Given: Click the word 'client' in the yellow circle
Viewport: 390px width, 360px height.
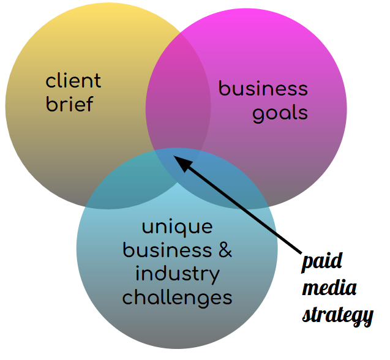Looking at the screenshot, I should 73,80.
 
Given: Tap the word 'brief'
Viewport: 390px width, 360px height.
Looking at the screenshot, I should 70,103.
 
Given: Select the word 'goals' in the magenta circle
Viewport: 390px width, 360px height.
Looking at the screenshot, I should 280,113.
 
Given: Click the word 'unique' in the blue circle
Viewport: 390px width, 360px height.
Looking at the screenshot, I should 178,227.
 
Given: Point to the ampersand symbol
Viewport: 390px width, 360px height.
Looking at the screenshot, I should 225,250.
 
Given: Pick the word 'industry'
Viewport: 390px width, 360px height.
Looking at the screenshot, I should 177,274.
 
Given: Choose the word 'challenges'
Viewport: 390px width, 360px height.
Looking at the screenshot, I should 177,298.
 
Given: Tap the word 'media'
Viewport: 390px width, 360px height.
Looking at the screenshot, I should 329,288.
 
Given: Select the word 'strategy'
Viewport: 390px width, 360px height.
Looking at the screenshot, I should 337,315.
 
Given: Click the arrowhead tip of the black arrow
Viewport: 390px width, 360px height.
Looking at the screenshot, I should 175,156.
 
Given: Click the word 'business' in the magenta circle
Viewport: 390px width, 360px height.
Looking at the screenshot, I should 263,89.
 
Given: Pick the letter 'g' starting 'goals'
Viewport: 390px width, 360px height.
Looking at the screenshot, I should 259,115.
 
